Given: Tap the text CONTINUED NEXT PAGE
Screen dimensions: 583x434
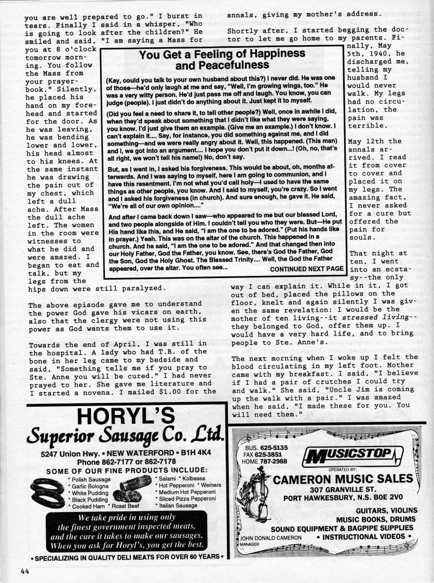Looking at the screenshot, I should pos(307,269).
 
